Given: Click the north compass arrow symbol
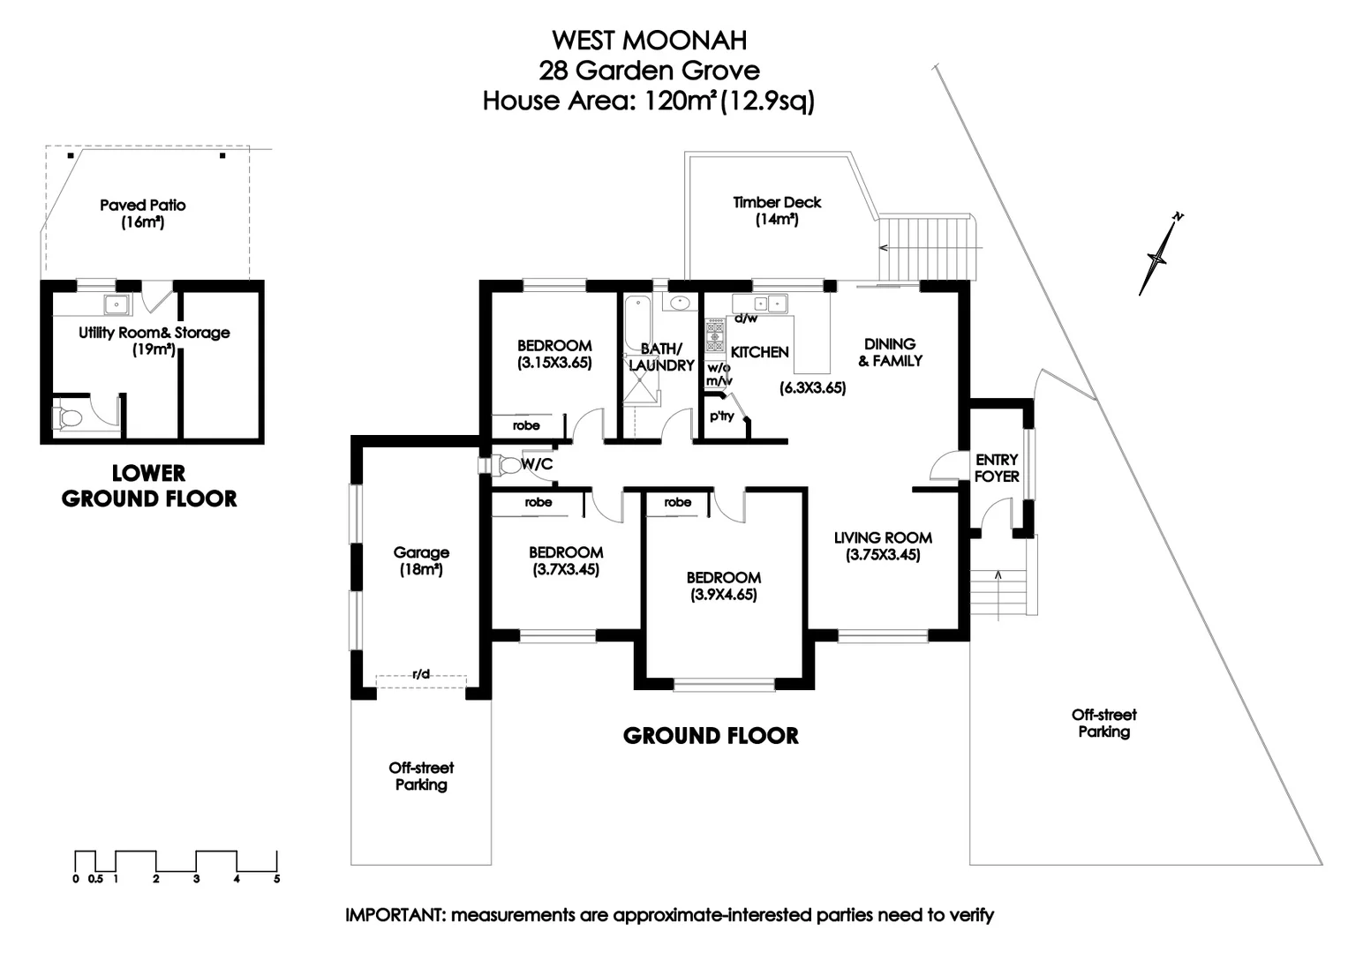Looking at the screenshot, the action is pos(1158,256).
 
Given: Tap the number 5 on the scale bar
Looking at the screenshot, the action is pos(277,879).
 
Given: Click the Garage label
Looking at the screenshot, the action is pos(421,552).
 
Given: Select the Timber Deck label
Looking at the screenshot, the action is pos(777,202).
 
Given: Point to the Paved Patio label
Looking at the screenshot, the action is pos(143,205).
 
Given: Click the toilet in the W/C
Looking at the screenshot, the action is pos(508,465).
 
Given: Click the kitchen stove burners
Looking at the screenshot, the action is pos(715,335).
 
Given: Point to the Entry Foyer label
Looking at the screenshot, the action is pos(998,468).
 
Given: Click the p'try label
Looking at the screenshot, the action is pos(721,416).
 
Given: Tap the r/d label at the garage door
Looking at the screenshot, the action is pos(421,674).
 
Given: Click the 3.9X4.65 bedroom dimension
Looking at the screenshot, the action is pos(723,595).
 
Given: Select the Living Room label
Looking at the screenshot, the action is pos(883,538).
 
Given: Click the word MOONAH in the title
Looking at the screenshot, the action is pos(684,41).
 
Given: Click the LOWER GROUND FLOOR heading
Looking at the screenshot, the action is pos(149,486).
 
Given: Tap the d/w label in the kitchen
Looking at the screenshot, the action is pos(746,319).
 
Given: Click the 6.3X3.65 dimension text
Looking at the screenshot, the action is pos(812,388).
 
